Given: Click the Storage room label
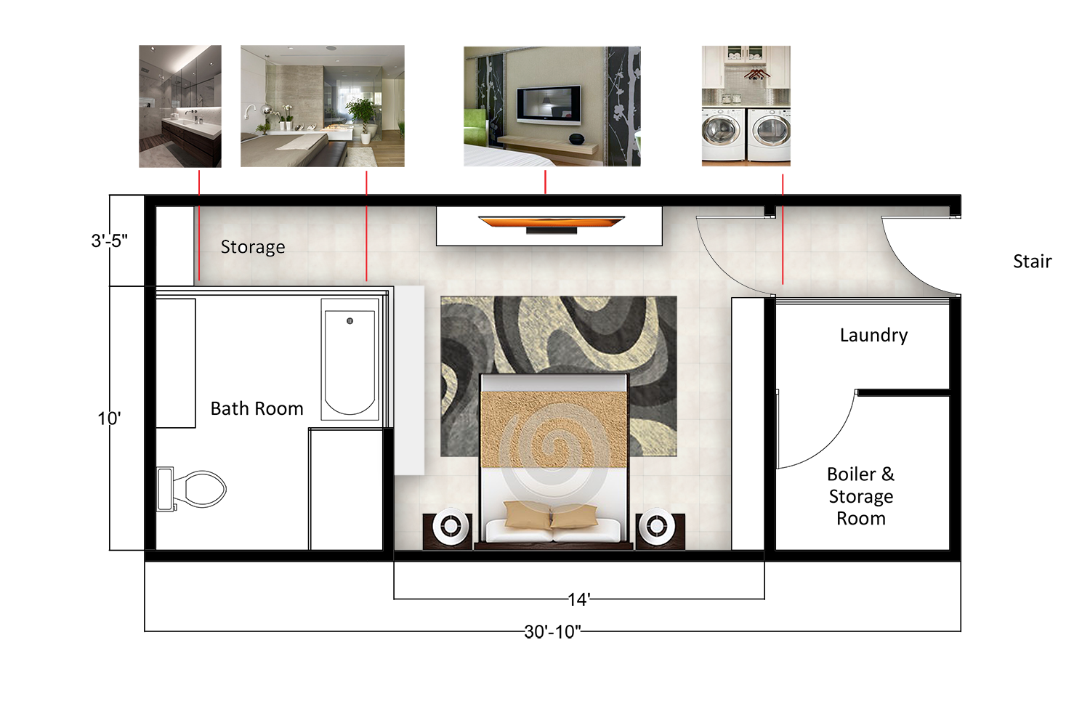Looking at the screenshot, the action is [x=253, y=247].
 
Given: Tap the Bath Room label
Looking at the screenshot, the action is [x=257, y=409].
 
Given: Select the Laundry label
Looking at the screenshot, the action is [x=873, y=336].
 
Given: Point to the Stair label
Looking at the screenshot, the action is [x=1032, y=262].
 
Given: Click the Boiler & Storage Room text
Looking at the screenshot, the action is [x=861, y=496].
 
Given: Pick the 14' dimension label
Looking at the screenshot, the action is [x=579, y=599].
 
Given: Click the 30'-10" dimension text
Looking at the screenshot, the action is [x=552, y=632].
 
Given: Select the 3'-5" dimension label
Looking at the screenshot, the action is [x=110, y=240].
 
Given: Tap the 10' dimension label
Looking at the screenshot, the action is [x=109, y=418].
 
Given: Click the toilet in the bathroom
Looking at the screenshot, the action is [x=192, y=489].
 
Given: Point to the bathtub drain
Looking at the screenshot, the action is [x=350, y=321].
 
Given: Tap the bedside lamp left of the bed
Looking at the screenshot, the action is [x=451, y=526].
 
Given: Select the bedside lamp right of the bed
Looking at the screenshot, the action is [x=656, y=526].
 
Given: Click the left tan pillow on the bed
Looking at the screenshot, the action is [x=528, y=515].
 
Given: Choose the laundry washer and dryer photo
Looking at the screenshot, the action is [x=746, y=106].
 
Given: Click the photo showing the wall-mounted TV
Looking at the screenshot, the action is [x=552, y=107].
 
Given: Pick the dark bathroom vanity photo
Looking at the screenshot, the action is [x=180, y=107].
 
